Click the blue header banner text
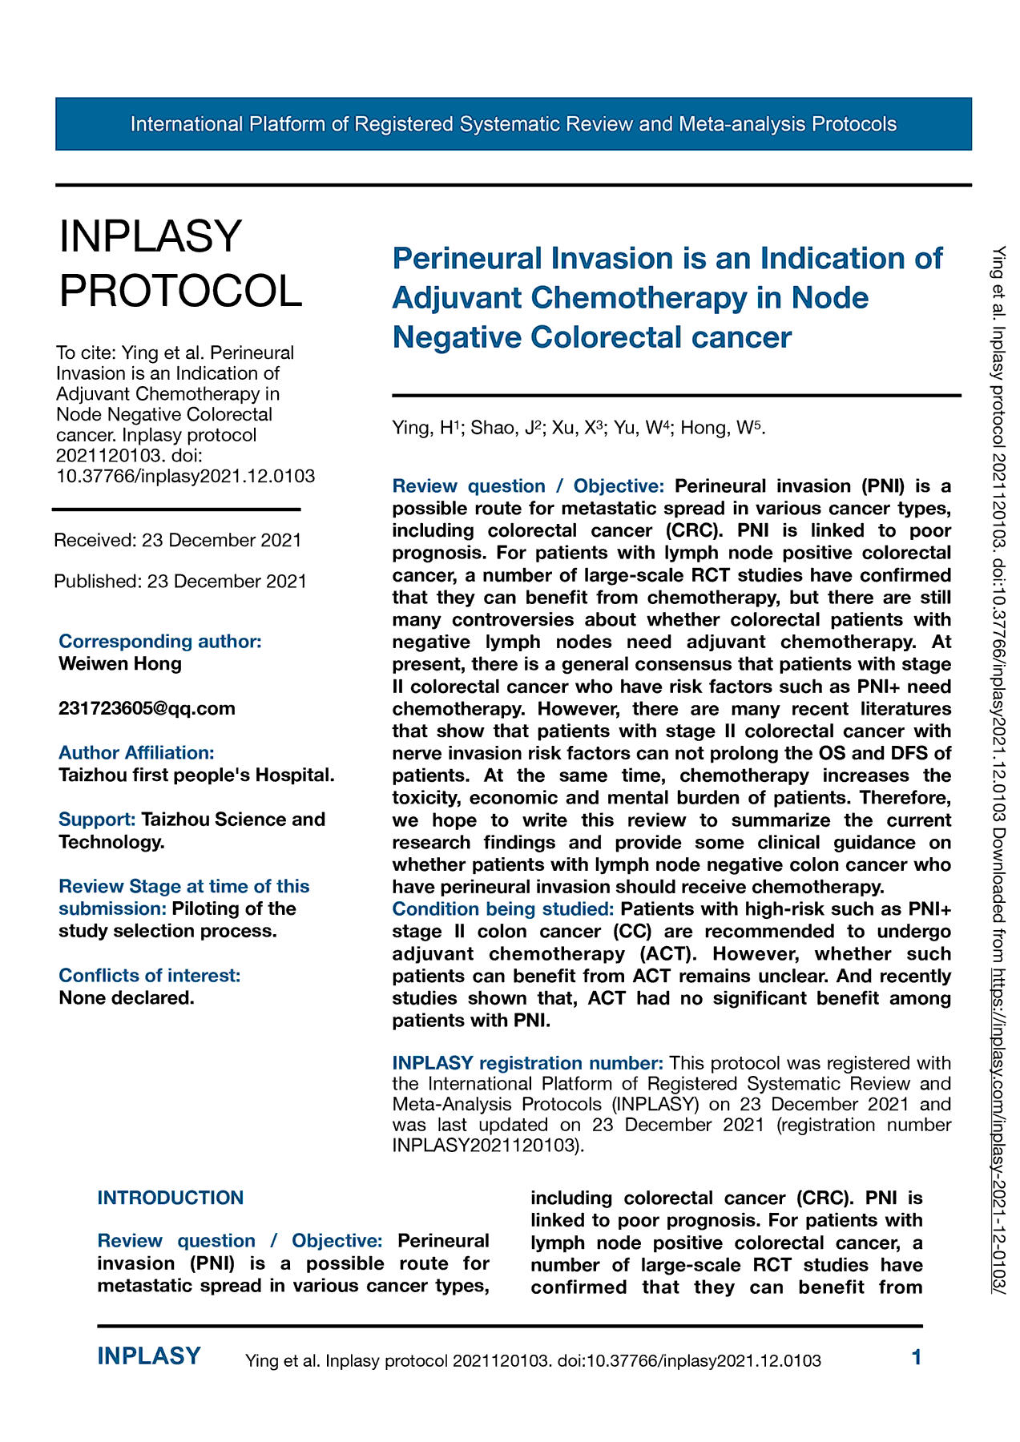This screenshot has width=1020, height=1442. point(513,124)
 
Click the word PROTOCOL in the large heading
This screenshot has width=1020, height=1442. point(181,290)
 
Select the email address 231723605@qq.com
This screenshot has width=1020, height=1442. point(147,708)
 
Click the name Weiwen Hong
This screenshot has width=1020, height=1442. point(120,663)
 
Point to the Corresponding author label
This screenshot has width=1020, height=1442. point(160,641)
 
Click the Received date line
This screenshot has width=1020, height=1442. point(177,540)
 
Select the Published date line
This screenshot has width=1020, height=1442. point(180,581)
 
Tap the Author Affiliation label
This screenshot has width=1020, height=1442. point(136,752)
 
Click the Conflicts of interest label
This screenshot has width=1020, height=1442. point(150,975)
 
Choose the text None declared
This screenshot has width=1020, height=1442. point(127,997)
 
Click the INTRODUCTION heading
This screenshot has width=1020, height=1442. point(171,1198)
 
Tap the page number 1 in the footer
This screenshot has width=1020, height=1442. point(917,1357)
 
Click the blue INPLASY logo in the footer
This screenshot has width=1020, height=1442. point(149,1356)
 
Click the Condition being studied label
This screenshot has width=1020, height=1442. point(503,909)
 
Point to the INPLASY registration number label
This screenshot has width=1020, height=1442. point(527,1063)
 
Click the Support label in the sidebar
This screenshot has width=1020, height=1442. point(97,820)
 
